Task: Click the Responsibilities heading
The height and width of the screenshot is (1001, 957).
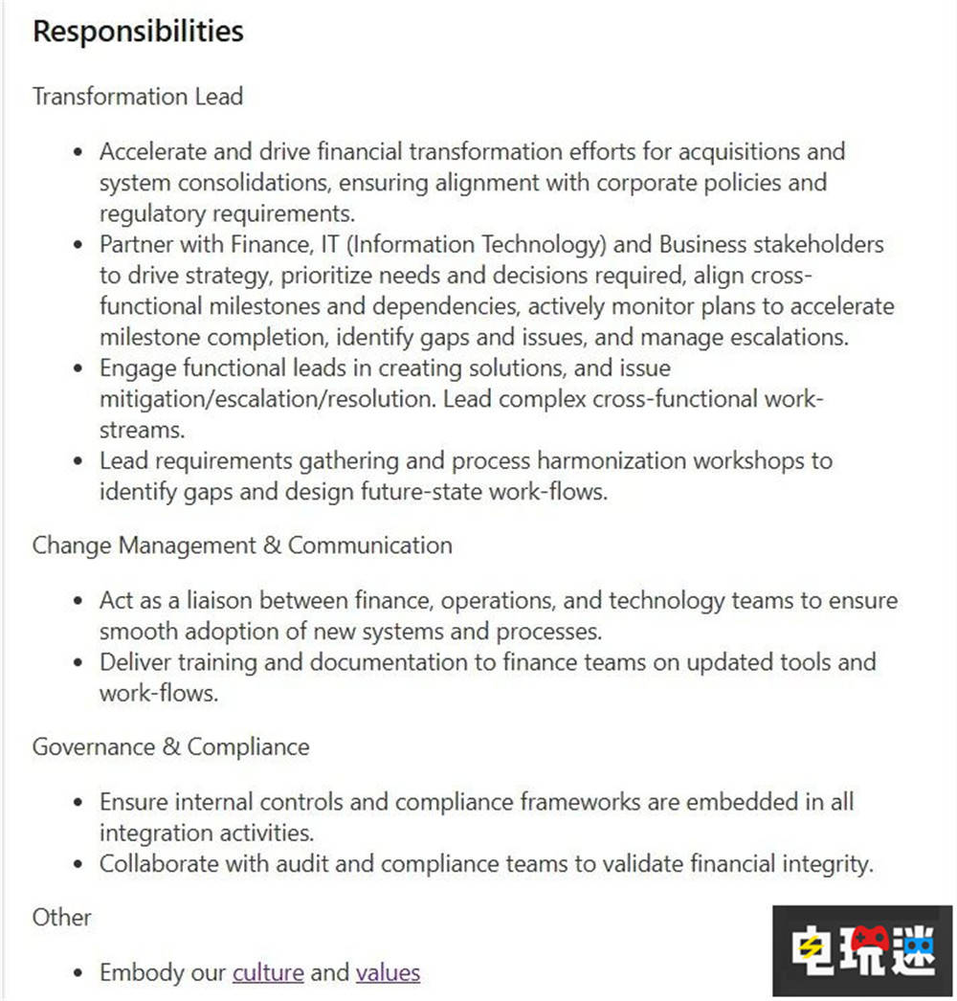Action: coord(138,31)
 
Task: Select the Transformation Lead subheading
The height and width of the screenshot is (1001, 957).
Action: coord(138,97)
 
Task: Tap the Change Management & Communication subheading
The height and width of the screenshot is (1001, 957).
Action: coord(242,545)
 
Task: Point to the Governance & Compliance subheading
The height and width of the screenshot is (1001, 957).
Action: coord(170,746)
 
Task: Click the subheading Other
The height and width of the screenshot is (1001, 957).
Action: coord(62,917)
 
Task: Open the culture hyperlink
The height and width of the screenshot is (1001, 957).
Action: coord(268,973)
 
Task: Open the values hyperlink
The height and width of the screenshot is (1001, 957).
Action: coord(388,973)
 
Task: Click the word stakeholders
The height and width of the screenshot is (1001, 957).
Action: coord(818,244)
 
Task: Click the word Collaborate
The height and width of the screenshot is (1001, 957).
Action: coord(160,863)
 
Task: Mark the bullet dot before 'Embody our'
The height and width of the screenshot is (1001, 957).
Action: coord(80,974)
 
